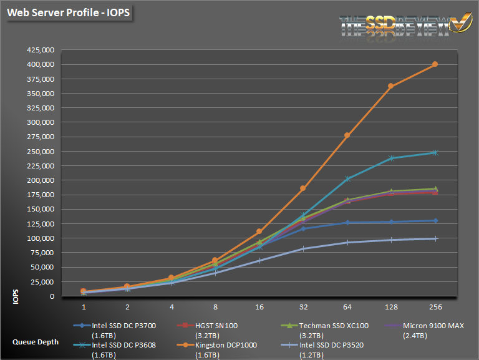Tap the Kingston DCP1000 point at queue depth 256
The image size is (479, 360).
pyautogui.click(x=435, y=64)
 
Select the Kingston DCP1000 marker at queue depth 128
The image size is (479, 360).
pyautogui.click(x=391, y=86)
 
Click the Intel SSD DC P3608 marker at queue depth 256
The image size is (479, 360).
pyautogui.click(x=435, y=152)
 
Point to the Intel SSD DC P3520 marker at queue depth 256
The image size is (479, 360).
pyautogui.click(x=435, y=238)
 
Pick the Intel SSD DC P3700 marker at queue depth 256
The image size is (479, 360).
pyautogui.click(x=435, y=221)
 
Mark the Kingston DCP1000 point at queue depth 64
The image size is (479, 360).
pyautogui.click(x=347, y=135)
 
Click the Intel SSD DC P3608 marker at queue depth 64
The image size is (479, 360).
pyautogui.click(x=347, y=179)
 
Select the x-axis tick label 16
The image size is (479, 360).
pyautogui.click(x=259, y=307)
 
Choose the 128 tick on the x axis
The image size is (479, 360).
pyautogui.click(x=391, y=307)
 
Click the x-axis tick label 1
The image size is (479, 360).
pyautogui.click(x=83, y=307)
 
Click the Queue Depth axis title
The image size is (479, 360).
pyautogui.click(x=36, y=341)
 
